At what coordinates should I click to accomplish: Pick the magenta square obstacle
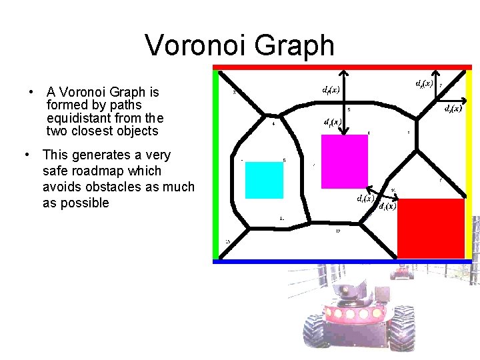pos(345,163)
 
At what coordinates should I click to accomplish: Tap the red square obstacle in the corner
pos(431,228)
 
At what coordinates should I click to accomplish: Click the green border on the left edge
pos(215,163)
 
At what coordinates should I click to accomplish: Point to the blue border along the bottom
pos(341,261)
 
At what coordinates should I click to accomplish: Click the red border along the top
pos(341,67)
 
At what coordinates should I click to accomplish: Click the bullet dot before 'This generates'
pos(26,155)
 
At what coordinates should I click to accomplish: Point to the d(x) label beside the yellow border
pos(453,108)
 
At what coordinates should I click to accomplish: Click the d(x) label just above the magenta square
pos(332,123)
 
